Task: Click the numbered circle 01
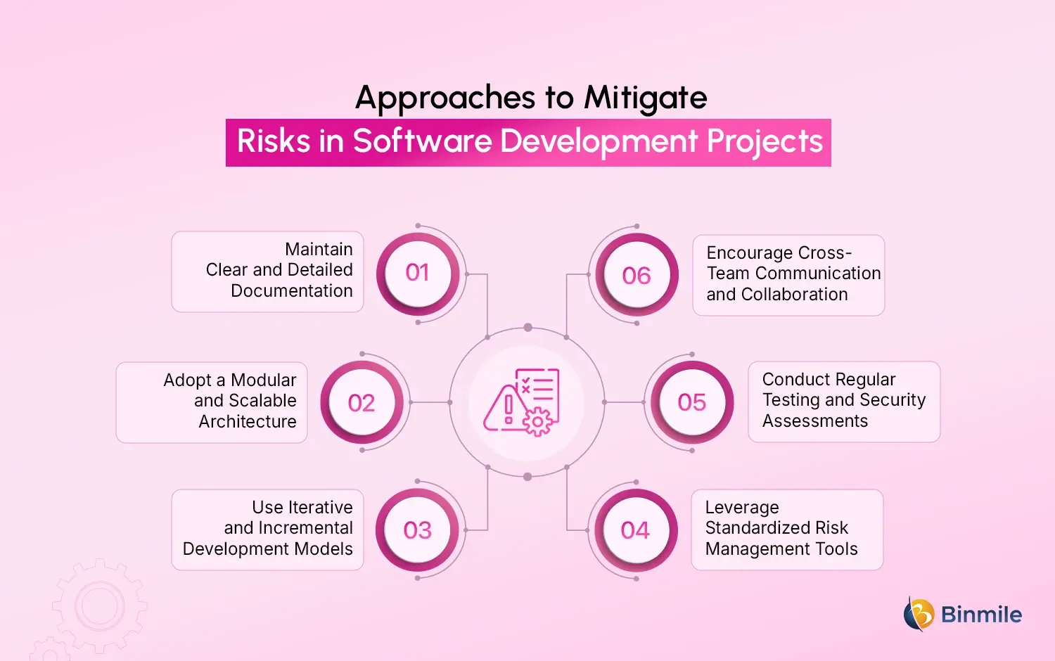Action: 418,273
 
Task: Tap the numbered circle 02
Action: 362,403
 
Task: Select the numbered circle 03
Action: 417,530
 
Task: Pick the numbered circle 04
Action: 635,530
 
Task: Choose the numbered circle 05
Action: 691,402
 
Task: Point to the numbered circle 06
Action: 637,276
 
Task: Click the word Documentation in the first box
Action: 292,291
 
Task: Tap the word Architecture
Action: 248,422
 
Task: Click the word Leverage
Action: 742,507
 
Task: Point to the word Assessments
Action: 815,421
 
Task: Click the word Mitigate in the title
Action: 646,98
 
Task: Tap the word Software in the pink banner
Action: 423,141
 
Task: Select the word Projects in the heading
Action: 765,141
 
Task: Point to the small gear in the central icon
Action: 538,422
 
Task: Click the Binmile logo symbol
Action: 919,614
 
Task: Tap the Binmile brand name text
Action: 981,615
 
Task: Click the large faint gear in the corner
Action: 99,605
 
